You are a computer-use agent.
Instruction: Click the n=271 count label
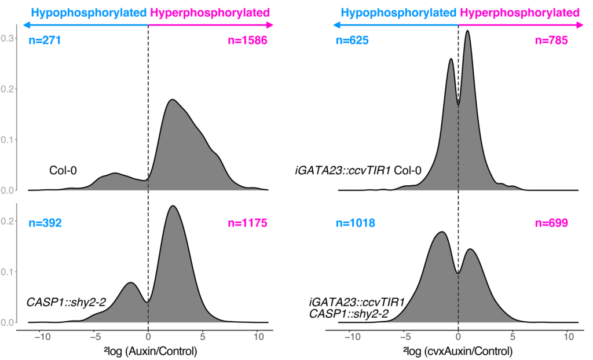[x=45, y=41]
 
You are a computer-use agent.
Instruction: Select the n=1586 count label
[x=248, y=41]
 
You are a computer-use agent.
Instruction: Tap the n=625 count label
[x=352, y=41]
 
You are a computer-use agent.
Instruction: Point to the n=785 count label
[x=551, y=41]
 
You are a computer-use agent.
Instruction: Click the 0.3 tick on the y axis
[x=8, y=38]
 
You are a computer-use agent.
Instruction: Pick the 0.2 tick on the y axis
[x=8, y=89]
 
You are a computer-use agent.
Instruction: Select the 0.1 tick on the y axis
[x=8, y=139]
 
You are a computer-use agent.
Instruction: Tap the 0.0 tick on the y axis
[x=8, y=190]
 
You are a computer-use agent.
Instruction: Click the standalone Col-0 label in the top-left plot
[x=63, y=171]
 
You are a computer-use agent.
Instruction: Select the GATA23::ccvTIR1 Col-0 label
[x=359, y=171]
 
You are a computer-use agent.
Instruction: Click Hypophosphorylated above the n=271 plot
[x=89, y=12]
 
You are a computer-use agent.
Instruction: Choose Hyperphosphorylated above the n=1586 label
[x=210, y=12]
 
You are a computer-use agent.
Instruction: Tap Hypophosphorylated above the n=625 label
[x=399, y=12]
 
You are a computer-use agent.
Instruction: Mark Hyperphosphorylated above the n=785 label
[x=519, y=12]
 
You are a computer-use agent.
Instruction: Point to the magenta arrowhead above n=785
[x=581, y=25]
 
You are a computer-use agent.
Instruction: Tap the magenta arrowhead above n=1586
[x=271, y=25]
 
